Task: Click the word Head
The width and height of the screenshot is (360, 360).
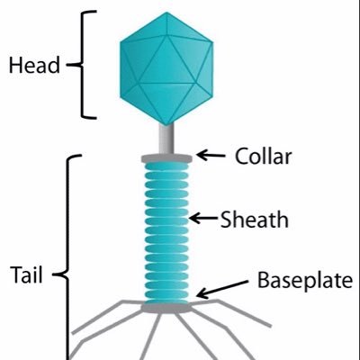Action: coord(34,65)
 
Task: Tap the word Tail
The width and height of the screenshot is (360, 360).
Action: coord(26,274)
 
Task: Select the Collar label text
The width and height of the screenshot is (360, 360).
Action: coord(263,156)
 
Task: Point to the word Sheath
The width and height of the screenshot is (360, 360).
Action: coord(255,219)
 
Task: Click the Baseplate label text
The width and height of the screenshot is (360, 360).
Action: coord(305,280)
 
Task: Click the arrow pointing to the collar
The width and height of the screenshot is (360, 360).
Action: coord(211,156)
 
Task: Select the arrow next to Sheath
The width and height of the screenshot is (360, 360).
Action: coord(203,218)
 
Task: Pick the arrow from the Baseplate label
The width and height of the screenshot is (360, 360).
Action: coord(222,290)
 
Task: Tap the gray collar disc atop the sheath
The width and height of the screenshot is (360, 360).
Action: coord(166,158)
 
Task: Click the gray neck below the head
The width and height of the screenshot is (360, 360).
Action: coord(166,139)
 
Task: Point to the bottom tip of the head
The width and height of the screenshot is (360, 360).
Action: coord(166,125)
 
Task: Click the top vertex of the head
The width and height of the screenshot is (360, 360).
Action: coord(166,13)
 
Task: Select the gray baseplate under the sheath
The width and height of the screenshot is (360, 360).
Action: coord(166,308)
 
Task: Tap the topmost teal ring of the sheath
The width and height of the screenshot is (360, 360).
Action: coord(166,166)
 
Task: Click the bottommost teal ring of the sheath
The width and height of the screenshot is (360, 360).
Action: coord(166,301)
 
